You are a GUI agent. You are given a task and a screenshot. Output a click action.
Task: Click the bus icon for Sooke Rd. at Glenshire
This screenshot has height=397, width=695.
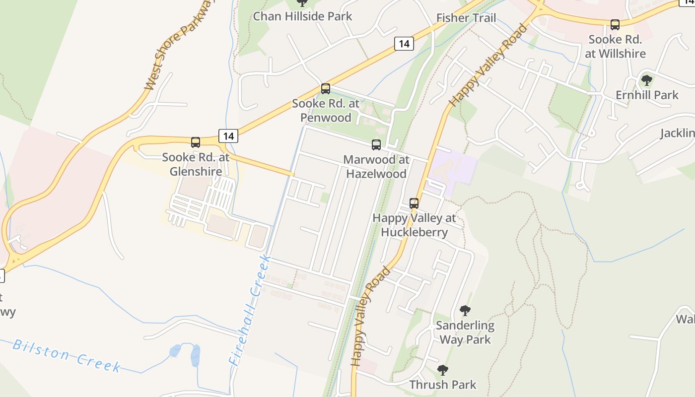(196, 142)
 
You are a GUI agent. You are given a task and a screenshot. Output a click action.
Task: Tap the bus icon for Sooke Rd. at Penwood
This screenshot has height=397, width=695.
(326, 89)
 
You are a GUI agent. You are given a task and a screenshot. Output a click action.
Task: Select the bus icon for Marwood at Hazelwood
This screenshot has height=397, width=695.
(376, 145)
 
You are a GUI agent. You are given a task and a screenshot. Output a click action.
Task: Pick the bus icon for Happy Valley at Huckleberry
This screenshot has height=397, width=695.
(414, 203)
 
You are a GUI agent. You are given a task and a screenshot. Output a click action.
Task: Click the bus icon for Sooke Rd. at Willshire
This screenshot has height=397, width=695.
(615, 24)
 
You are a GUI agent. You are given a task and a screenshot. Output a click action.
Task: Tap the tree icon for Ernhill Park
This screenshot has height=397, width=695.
(646, 80)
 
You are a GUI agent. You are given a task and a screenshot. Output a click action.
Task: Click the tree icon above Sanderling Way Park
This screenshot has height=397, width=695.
(465, 311)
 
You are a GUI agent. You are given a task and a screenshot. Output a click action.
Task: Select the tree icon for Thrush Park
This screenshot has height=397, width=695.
(442, 370)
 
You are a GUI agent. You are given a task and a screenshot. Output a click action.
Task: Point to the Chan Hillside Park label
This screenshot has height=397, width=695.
(302, 16)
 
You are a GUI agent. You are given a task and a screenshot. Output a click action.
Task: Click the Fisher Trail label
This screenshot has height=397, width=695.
(466, 18)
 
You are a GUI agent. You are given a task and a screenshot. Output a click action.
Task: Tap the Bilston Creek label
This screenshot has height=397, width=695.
(67, 355)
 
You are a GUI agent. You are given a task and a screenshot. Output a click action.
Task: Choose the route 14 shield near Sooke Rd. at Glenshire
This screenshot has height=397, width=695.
(228, 135)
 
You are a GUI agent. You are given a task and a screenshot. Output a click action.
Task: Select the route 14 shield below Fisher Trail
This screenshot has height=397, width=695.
(404, 44)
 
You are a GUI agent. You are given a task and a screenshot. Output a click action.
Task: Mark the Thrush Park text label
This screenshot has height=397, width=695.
(442, 385)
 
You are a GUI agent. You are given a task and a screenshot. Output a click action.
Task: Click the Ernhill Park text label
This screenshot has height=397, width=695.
(647, 95)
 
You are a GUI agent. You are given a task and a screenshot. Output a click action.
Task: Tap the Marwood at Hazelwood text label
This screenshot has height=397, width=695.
(376, 167)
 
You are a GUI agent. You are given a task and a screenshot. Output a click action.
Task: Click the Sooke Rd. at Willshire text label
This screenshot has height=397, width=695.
(615, 47)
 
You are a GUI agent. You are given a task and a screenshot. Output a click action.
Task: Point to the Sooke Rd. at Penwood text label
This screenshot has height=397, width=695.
(326, 111)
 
